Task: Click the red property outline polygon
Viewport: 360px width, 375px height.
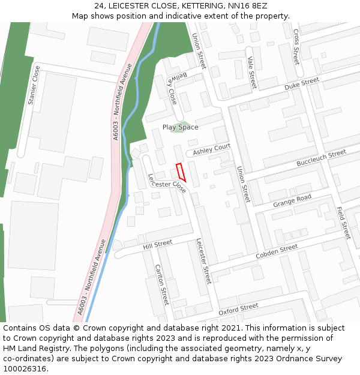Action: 181,172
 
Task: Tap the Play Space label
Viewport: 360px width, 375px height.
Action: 180,127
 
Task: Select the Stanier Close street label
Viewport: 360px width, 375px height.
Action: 34,85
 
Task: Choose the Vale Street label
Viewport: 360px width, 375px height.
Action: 251,73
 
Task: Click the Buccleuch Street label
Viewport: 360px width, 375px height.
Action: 321,158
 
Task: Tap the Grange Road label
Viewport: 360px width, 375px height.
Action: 292,201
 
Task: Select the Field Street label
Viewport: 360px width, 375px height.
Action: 343,223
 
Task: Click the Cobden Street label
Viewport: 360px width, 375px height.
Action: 277,252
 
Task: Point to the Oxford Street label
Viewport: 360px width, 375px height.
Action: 238,310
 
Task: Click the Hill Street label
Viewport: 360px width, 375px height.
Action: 157,244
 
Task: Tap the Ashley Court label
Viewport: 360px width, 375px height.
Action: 211,148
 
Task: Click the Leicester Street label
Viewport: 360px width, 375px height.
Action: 204,262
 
